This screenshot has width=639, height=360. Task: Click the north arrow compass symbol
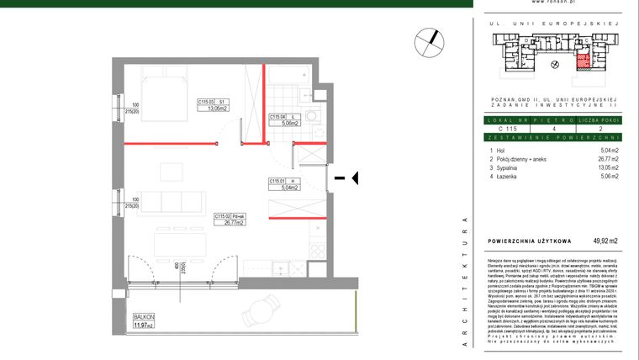430,40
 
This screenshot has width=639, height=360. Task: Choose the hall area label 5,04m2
280,188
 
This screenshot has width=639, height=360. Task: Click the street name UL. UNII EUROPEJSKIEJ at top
554,25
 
